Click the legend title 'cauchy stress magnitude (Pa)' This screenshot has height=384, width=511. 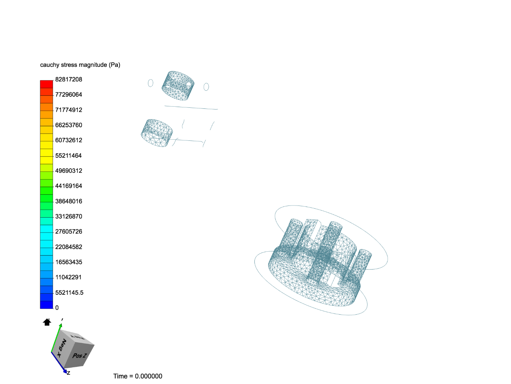(80, 65)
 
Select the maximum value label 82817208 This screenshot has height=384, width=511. (68, 79)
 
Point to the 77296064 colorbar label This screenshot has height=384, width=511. (68, 95)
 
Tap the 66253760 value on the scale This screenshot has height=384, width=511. (68, 125)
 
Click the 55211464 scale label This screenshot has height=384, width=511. (68, 156)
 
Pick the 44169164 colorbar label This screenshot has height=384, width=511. (68, 186)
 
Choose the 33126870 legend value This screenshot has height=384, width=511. (68, 217)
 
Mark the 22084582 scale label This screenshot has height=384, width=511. (68, 247)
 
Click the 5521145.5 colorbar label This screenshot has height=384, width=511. (69, 293)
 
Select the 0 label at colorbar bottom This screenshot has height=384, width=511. (57, 308)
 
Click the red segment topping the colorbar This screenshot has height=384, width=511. (46, 84)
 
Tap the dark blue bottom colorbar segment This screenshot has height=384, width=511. (46, 305)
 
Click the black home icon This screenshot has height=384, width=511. (47, 322)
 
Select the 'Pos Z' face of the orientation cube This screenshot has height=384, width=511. (79, 356)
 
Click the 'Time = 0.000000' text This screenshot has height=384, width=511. (138, 376)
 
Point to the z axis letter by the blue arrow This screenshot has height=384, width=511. (68, 373)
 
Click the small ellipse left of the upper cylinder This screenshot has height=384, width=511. (150, 83)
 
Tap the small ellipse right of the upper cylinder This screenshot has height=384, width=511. (206, 87)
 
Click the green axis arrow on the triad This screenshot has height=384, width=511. (56, 338)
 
